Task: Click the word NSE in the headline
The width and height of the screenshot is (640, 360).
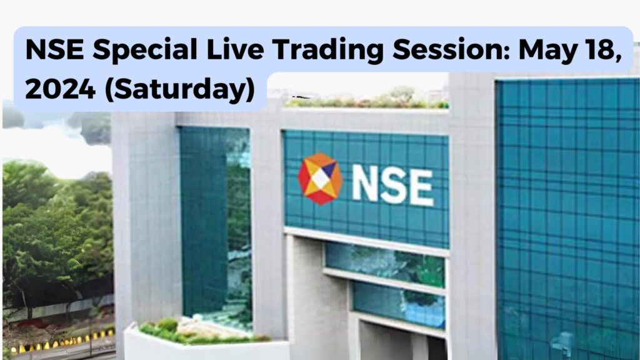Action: coord(54,49)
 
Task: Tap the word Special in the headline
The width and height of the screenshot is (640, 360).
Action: coord(145,51)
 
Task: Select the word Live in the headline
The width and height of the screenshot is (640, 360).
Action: coord(235,49)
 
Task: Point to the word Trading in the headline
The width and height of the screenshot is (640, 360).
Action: coord(328,51)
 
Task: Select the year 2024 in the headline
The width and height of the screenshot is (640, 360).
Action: coord(61,89)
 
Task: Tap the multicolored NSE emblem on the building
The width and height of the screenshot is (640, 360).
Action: coord(320,179)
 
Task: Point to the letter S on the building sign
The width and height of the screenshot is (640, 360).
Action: coord(394,186)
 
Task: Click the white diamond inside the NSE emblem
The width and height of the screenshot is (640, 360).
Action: coord(321,179)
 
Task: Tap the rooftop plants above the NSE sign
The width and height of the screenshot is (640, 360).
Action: coord(367,100)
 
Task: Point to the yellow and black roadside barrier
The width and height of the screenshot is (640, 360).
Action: coord(61,341)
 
